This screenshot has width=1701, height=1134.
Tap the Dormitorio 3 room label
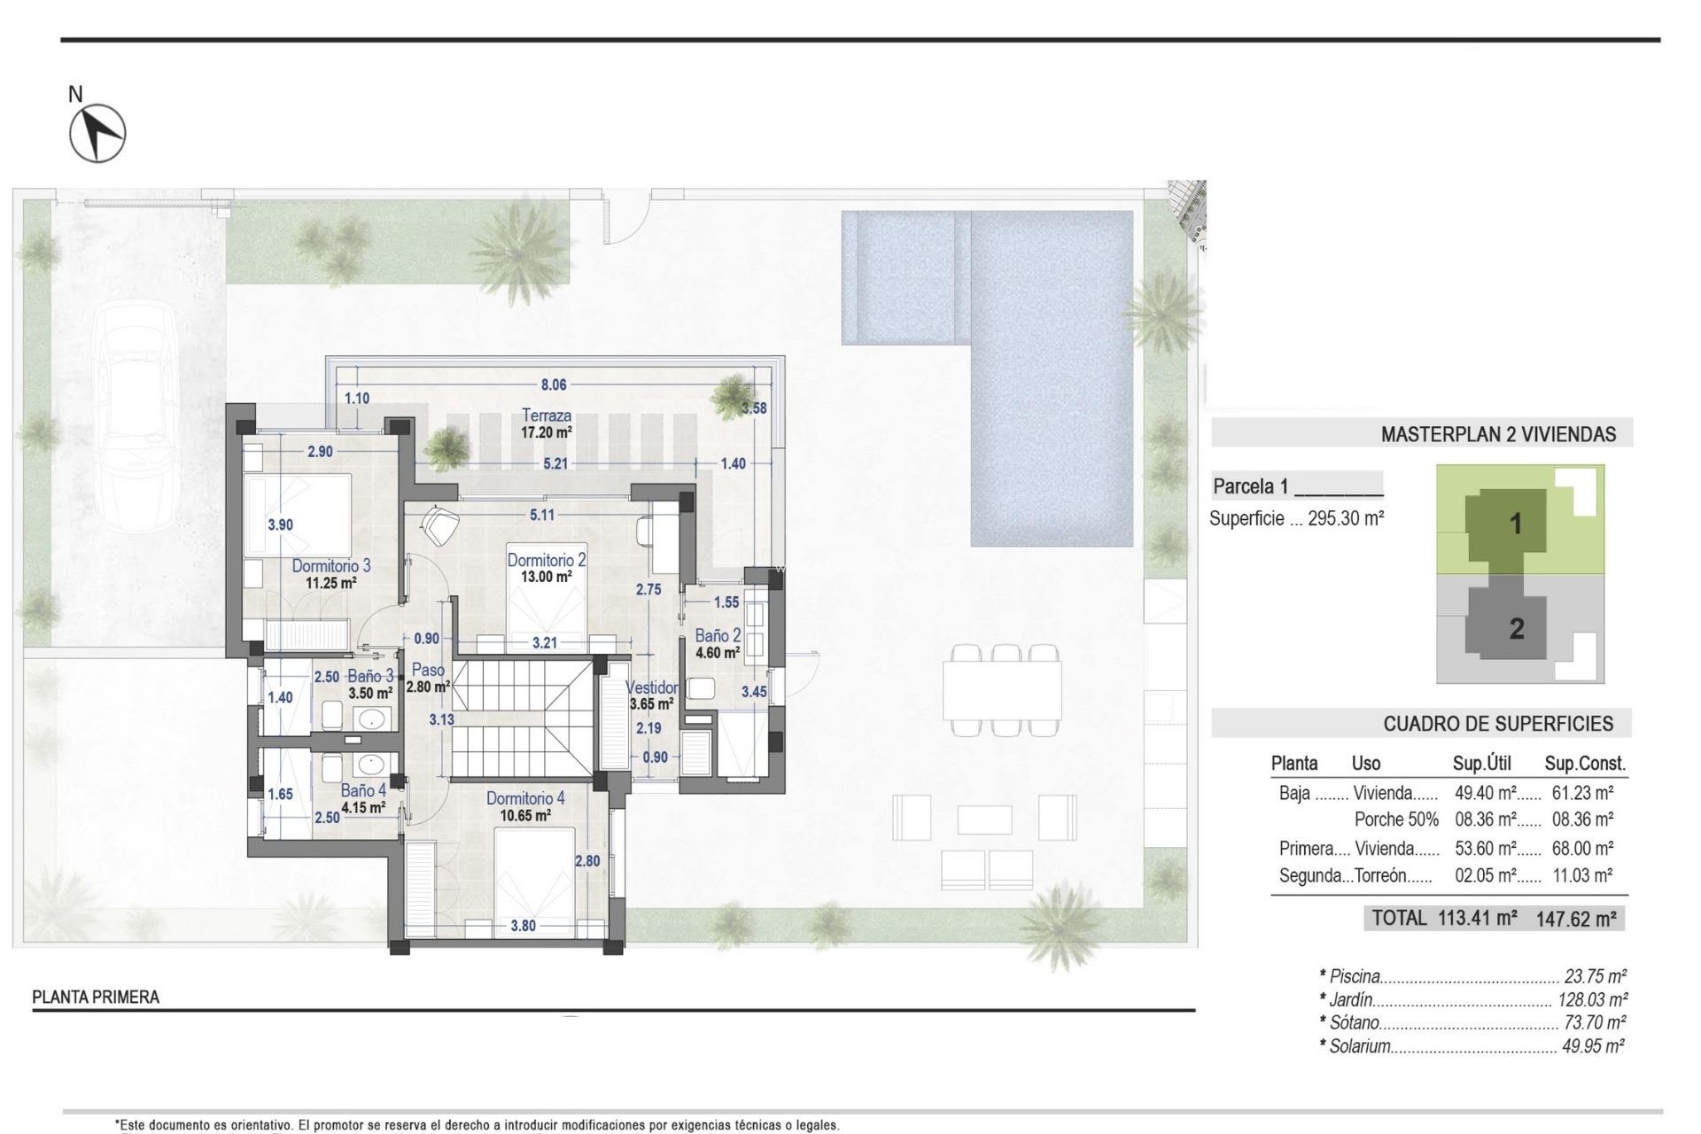click(331, 565)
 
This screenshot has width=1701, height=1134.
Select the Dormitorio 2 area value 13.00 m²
click(546, 576)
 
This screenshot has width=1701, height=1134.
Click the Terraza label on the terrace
click(547, 415)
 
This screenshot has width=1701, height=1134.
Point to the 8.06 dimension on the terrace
click(554, 384)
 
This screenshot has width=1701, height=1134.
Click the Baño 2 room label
click(718, 635)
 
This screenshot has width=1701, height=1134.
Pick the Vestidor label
click(652, 687)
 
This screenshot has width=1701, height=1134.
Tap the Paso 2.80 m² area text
click(428, 686)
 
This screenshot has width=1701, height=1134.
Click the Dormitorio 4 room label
click(525, 798)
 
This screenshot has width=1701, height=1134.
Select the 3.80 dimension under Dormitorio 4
click(523, 926)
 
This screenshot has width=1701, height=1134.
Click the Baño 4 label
click(363, 790)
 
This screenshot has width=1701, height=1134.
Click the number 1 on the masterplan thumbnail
click(1516, 524)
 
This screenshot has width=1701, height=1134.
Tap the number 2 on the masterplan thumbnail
click(1517, 629)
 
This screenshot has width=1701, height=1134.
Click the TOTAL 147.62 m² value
click(1576, 919)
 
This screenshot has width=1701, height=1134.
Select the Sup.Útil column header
click(1481, 763)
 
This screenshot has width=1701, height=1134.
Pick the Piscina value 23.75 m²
click(1595, 976)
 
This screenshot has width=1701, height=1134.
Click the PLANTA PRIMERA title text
click(96, 997)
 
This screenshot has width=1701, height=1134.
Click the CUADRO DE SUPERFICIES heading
click(1498, 724)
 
